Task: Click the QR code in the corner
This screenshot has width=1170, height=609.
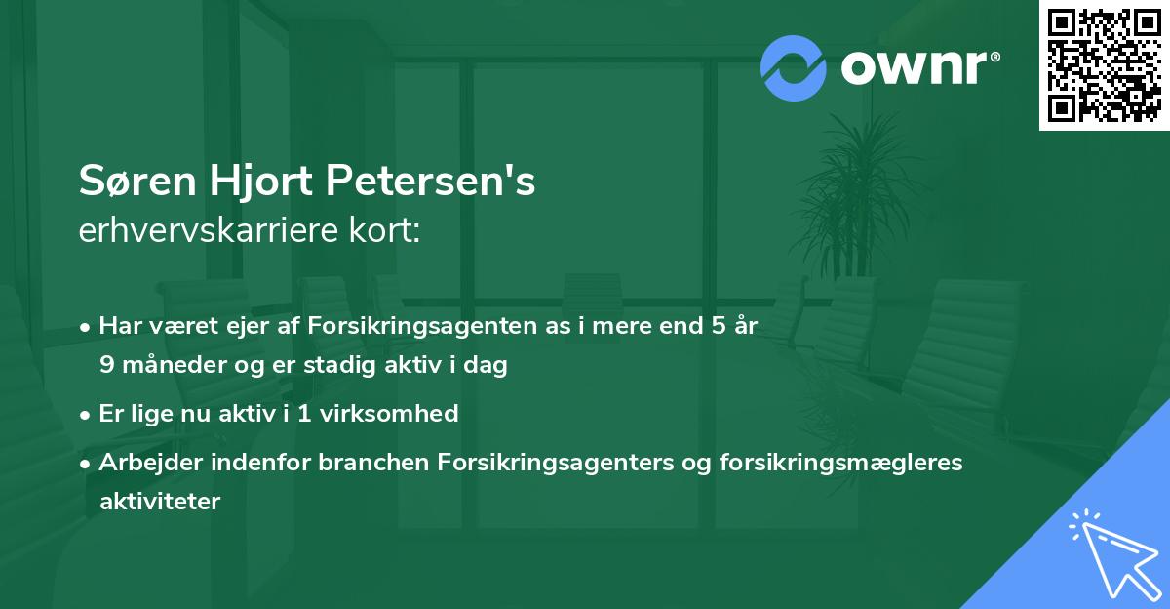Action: tap(1104, 64)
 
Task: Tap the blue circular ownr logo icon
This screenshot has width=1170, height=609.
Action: tap(794, 69)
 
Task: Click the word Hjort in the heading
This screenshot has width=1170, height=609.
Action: tap(257, 183)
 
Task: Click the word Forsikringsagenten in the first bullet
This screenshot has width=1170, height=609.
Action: tap(404, 326)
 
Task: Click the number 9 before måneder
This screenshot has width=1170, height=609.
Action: tap(106, 366)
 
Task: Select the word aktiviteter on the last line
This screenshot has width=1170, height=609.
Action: tap(160, 502)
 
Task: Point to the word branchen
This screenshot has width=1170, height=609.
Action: tap(370, 462)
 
